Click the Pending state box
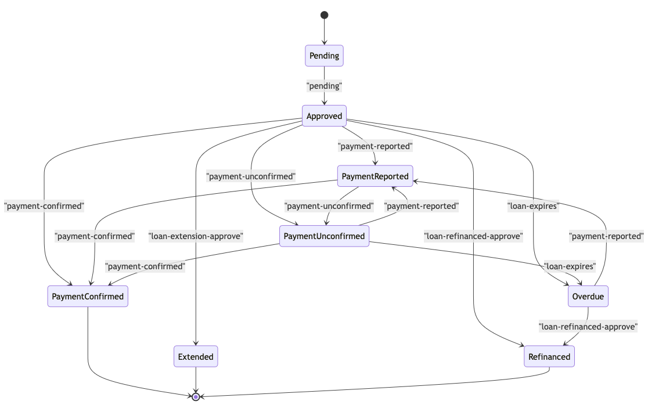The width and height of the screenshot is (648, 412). coord(324,56)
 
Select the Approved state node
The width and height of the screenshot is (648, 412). coord(324,116)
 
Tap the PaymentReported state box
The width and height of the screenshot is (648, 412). coord(375,176)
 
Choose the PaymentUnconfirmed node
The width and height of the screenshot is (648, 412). coord(324,236)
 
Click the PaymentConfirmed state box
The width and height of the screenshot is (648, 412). coord(88,297)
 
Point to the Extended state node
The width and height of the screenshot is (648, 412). coord(196,356)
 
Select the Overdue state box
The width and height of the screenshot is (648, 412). coord(588,297)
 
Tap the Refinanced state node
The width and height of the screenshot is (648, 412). coord(549,356)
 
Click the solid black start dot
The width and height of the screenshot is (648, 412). coord(324,15)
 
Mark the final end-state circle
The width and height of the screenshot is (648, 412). coord(196,397)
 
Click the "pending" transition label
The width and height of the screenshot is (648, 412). coord(324,86)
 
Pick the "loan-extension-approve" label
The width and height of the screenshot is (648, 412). coord(196,236)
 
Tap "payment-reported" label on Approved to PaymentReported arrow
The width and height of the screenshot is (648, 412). coord(375,146)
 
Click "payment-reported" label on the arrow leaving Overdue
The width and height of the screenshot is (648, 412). coord(606,236)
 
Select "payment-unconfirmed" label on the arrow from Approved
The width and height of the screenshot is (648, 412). coord(251,176)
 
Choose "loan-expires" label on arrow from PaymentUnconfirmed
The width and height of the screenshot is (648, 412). coord(570,266)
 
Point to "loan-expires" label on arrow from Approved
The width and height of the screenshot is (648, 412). coord(532,206)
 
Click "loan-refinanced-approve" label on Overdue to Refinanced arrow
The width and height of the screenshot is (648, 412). coord(588,327)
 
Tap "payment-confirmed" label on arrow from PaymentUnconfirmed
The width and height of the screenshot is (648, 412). coord(145,266)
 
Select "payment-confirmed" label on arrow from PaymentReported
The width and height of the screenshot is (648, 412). coord(95,236)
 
